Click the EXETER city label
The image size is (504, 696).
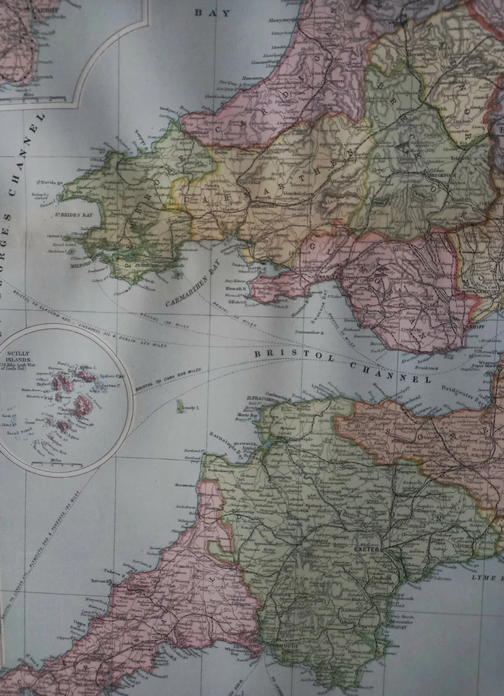tap(361, 550)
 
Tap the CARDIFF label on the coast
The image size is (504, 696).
tap(474, 324)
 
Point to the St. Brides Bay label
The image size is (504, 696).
tap(75, 215)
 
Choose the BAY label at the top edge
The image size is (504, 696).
tap(211, 12)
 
